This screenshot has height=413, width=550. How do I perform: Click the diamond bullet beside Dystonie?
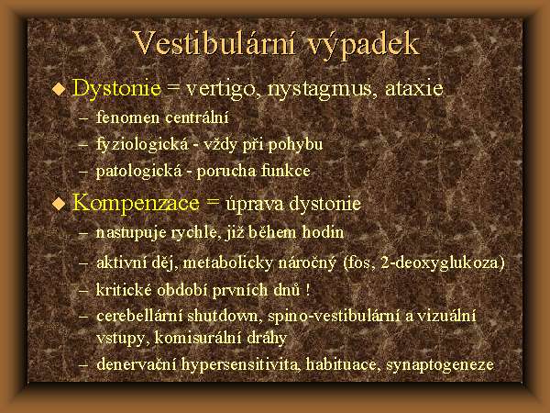59,89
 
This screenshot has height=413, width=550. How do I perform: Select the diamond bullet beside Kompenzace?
59,204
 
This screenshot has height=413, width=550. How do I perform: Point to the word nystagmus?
319,89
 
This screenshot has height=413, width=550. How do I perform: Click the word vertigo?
223,89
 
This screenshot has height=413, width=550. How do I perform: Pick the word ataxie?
414,88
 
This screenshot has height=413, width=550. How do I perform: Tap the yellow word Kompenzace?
136,204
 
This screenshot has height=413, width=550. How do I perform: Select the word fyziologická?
142,145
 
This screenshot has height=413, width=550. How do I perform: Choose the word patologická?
139,172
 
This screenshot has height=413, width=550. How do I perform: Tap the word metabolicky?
227,263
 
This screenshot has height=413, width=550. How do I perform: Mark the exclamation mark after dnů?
308,290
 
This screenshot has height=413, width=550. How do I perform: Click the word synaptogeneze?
439,365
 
